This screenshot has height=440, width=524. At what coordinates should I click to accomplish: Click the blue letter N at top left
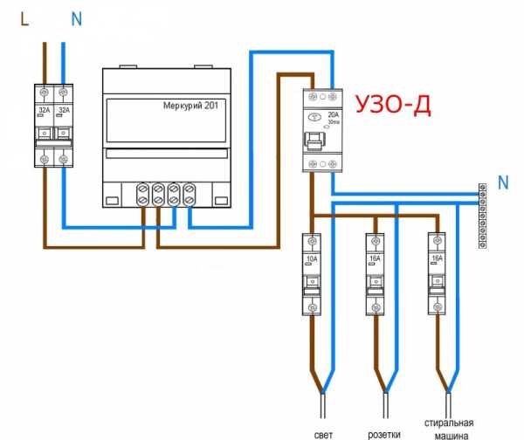76,17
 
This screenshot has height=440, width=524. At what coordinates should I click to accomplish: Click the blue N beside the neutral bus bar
502,182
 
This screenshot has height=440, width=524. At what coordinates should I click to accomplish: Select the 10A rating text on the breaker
313,258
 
